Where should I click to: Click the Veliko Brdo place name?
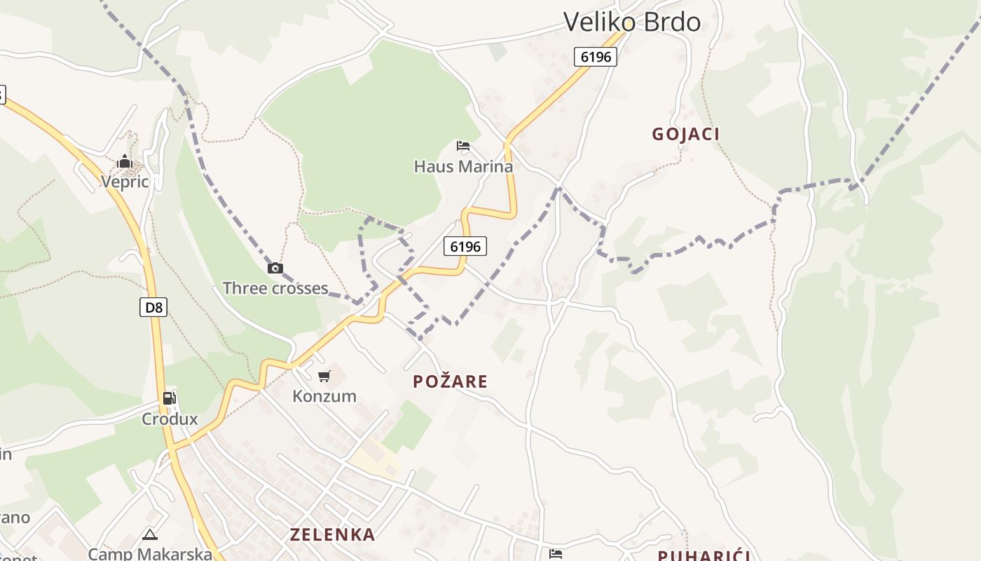click(x=631, y=22)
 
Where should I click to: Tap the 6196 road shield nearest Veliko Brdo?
click(x=596, y=57)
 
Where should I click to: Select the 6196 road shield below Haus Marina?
click(x=465, y=246)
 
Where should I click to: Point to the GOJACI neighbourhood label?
click(x=686, y=134)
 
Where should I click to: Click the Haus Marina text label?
click(x=463, y=167)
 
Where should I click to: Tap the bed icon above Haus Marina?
click(x=463, y=146)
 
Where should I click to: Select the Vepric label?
click(x=125, y=182)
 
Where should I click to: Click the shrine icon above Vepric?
click(x=125, y=162)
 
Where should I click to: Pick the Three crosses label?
click(x=275, y=288)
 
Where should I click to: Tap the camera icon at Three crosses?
click(x=275, y=268)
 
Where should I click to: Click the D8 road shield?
click(x=153, y=307)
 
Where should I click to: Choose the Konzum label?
click(x=324, y=396)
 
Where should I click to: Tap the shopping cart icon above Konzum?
click(x=324, y=377)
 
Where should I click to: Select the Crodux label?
click(x=170, y=419)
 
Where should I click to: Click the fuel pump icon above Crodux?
click(x=169, y=398)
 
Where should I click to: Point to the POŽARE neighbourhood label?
click(x=450, y=381)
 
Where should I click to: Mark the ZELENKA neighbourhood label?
click(x=333, y=534)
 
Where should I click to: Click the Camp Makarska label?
click(x=150, y=554)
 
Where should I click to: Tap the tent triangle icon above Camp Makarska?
click(x=150, y=535)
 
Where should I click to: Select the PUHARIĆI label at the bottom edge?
click(x=704, y=555)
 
